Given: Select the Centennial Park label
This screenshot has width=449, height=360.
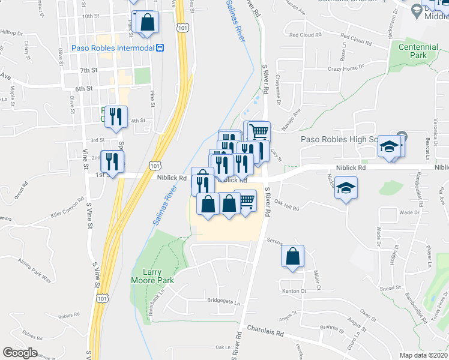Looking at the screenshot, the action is click(x=414, y=50).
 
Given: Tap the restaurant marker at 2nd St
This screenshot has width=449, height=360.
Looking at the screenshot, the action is click(x=112, y=161).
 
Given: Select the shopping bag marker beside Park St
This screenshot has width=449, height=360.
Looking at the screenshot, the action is click(x=147, y=23).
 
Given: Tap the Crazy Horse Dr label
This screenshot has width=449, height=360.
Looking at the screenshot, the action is click(x=346, y=69).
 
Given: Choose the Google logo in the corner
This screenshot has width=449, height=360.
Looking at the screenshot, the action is click(x=20, y=353).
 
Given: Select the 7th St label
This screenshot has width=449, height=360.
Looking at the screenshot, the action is click(x=88, y=71).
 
